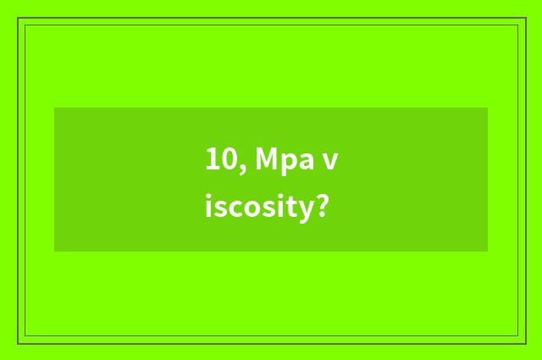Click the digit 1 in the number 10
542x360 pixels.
point(212,159)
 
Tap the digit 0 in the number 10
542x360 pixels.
point(226,159)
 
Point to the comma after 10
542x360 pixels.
point(241,166)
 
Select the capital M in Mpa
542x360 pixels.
point(266,159)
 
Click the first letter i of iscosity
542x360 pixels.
point(208,206)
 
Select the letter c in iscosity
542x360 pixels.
point(229,208)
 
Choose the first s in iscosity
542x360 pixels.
point(218,208)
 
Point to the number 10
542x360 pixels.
point(219,159)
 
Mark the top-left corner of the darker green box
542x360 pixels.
point(55,108)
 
